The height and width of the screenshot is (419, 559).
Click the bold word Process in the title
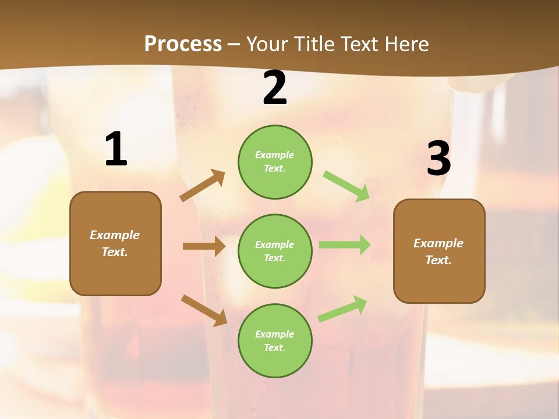[183, 44]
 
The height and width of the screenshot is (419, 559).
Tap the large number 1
[116, 150]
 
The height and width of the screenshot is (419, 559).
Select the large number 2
[275, 88]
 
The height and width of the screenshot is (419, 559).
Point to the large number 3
[438, 159]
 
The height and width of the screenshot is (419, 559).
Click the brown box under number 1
[115, 243]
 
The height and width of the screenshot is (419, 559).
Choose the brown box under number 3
[439, 251]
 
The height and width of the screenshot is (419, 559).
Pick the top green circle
[275, 162]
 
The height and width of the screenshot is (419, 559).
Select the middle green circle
[275, 251]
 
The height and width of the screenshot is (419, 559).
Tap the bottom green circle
[275, 341]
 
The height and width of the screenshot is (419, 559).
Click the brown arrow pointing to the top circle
[202, 186]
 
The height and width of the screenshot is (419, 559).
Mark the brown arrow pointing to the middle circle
[204, 246]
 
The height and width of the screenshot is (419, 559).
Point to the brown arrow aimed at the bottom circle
[204, 310]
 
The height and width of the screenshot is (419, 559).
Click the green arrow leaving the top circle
[346, 186]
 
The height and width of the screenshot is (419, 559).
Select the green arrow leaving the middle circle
[345, 244]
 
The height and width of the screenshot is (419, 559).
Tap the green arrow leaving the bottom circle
[342, 308]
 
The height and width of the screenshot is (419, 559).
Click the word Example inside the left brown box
[115, 235]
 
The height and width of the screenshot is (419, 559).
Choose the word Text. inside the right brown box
[438, 260]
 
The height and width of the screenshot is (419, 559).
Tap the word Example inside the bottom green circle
[275, 334]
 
